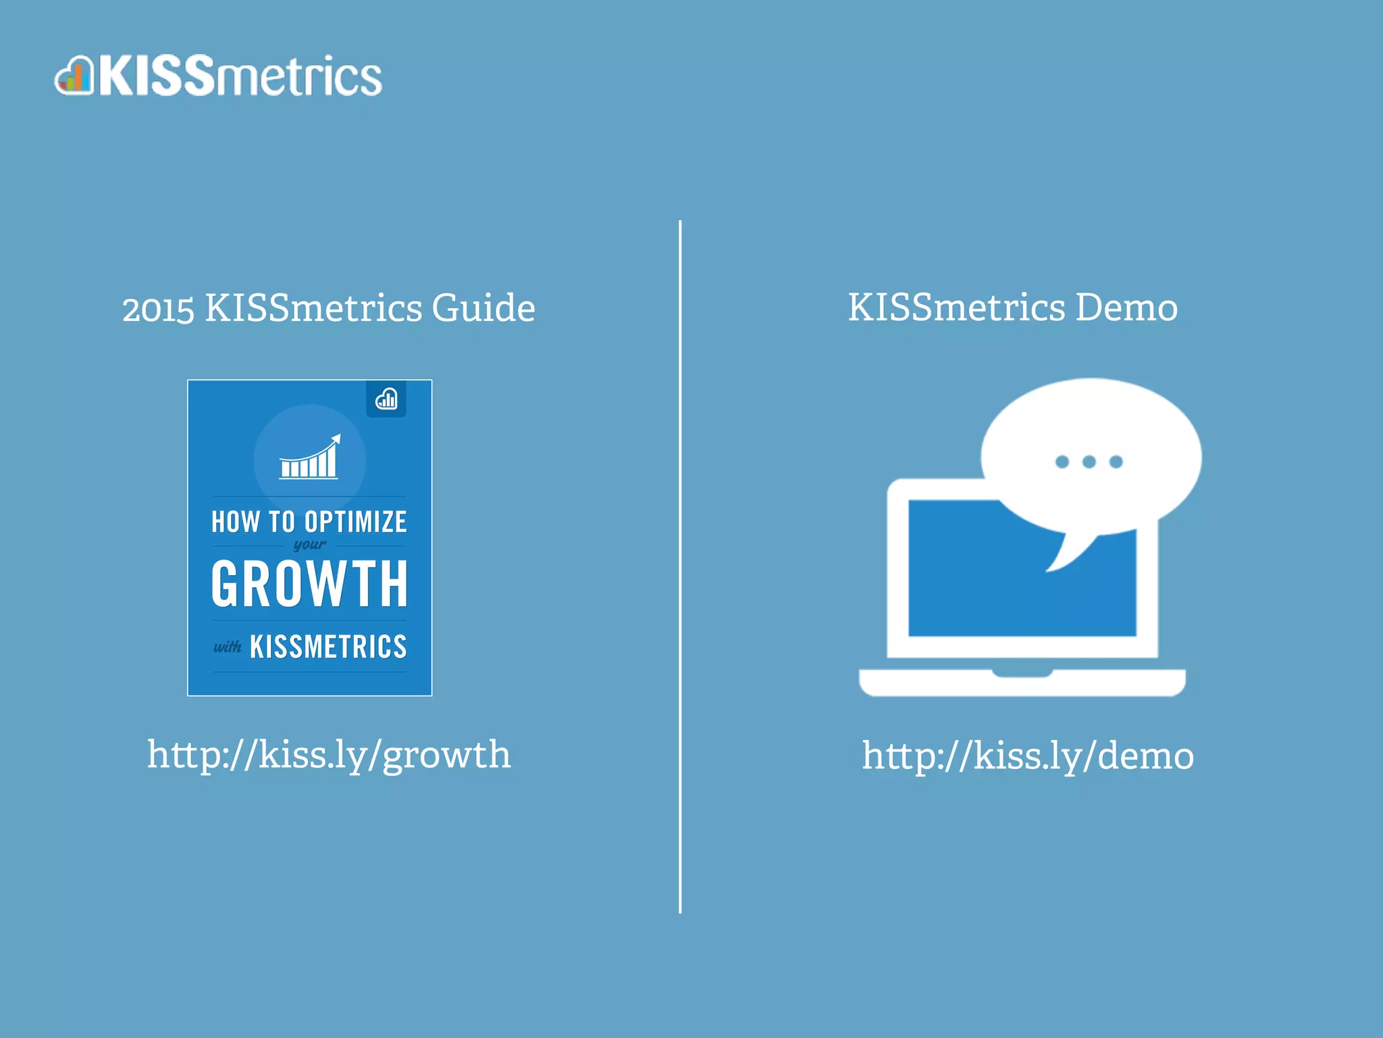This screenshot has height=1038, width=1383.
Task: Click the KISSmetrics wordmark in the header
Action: [240, 76]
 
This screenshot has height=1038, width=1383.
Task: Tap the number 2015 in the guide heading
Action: [158, 310]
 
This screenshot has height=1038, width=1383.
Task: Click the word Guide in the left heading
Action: [483, 308]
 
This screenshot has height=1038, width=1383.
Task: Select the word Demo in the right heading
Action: [1126, 308]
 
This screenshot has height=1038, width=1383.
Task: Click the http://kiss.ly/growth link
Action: [329, 755]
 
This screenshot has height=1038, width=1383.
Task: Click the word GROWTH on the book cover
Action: [309, 584]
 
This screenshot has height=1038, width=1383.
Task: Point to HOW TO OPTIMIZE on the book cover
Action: [309, 522]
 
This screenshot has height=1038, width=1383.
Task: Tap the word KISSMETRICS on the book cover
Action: [328, 647]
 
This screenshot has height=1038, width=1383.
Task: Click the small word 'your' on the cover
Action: [309, 545]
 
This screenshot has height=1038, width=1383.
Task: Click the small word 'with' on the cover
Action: [228, 647]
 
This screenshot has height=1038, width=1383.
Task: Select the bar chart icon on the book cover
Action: [310, 460]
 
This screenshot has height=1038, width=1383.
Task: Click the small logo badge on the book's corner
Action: [386, 399]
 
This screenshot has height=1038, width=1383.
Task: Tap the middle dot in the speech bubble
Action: [1089, 462]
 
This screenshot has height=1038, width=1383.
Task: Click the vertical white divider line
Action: [680, 568]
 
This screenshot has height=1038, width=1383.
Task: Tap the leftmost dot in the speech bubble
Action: [1062, 462]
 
